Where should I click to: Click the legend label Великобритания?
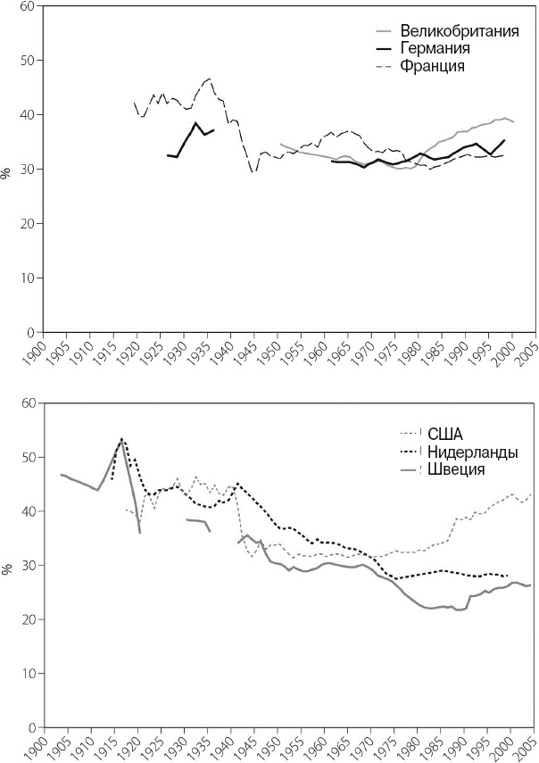point(460,31)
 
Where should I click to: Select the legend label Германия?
point(435,48)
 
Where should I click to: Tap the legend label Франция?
point(433,66)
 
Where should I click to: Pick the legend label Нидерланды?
point(473,452)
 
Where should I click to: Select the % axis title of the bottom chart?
point(7,566)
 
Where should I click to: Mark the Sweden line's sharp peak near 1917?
point(122,439)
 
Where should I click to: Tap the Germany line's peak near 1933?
point(195,123)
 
